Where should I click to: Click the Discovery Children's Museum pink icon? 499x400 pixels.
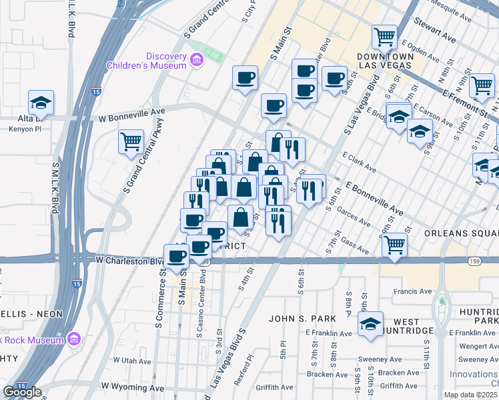coord(196,61)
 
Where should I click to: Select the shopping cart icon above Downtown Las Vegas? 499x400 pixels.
coord(384,37)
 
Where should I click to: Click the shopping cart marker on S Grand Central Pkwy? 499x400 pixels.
coord(131,141)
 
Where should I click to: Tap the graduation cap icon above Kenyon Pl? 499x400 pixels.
coord(41,102)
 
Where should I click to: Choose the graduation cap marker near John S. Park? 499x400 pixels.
coord(370,324)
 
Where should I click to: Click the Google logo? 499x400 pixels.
coord(22,392)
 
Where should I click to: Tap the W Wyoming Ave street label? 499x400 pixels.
coord(132,387)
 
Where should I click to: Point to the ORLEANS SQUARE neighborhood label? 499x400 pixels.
coord(461,234)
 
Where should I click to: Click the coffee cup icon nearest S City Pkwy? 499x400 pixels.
coord(245,77)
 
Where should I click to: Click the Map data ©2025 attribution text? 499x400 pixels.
coord(470,395)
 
